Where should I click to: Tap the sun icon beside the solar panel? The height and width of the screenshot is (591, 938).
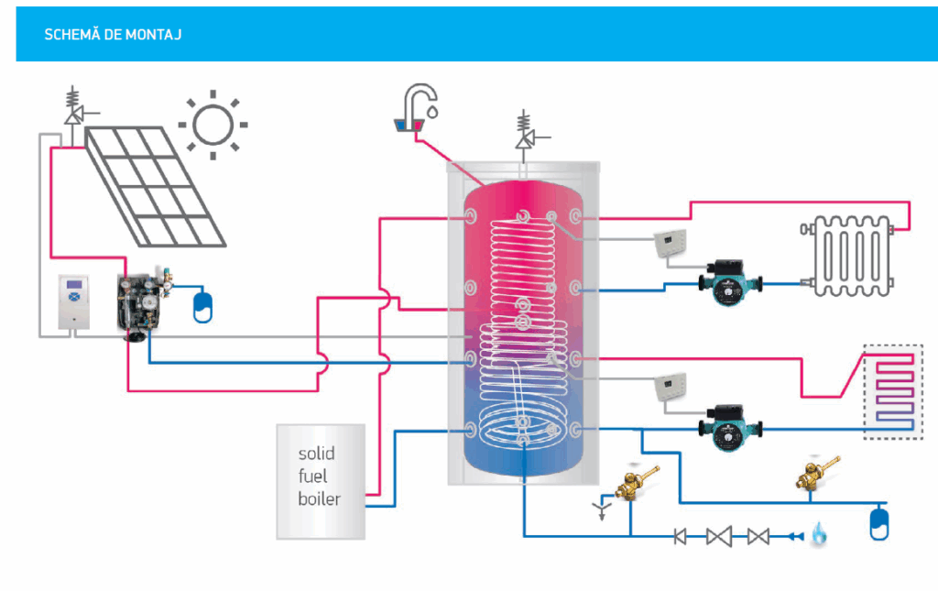213,124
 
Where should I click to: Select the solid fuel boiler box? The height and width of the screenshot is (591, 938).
321,480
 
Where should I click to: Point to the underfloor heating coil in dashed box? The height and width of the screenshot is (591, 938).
893,392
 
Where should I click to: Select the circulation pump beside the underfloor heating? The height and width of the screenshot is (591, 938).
728,425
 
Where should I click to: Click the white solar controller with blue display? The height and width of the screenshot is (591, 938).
75,301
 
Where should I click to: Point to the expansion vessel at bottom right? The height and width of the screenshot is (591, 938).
879,522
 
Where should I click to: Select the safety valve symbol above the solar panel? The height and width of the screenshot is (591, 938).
73,108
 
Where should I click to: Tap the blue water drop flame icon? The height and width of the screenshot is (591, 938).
817,535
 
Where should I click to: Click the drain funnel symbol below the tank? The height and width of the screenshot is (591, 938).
601,507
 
